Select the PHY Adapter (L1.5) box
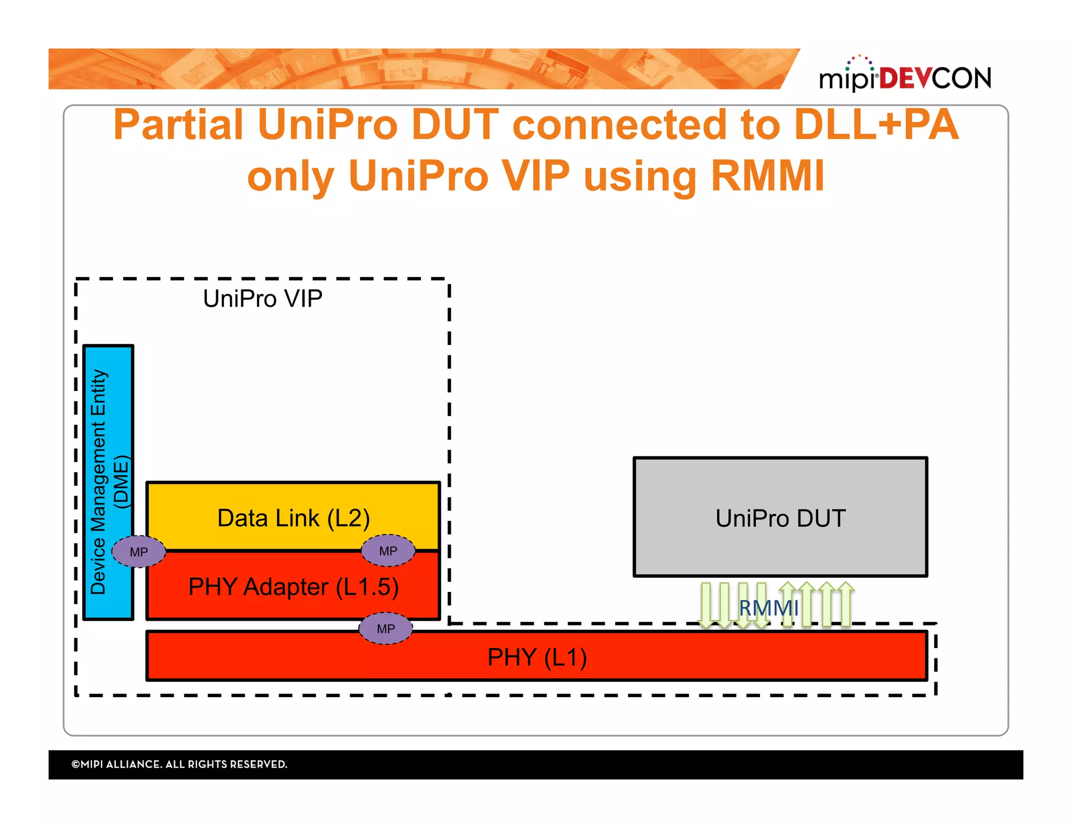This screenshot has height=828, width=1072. coord(293,587)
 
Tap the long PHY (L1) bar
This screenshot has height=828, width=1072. coord(537,657)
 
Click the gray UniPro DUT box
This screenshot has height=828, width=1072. coord(780,518)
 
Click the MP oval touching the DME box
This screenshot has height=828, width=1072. coord(139,552)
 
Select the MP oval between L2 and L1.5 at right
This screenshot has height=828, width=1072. coord(388,551)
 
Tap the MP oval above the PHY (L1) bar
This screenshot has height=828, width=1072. coord(386,629)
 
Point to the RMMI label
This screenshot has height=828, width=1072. coord(768,608)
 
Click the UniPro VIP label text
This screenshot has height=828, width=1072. coord(262,299)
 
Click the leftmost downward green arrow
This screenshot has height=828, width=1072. coord(707,605)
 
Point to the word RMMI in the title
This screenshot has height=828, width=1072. coord(767,176)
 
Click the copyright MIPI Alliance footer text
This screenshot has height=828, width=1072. coord(179,764)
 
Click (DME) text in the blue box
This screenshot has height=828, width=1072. coord(121,482)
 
